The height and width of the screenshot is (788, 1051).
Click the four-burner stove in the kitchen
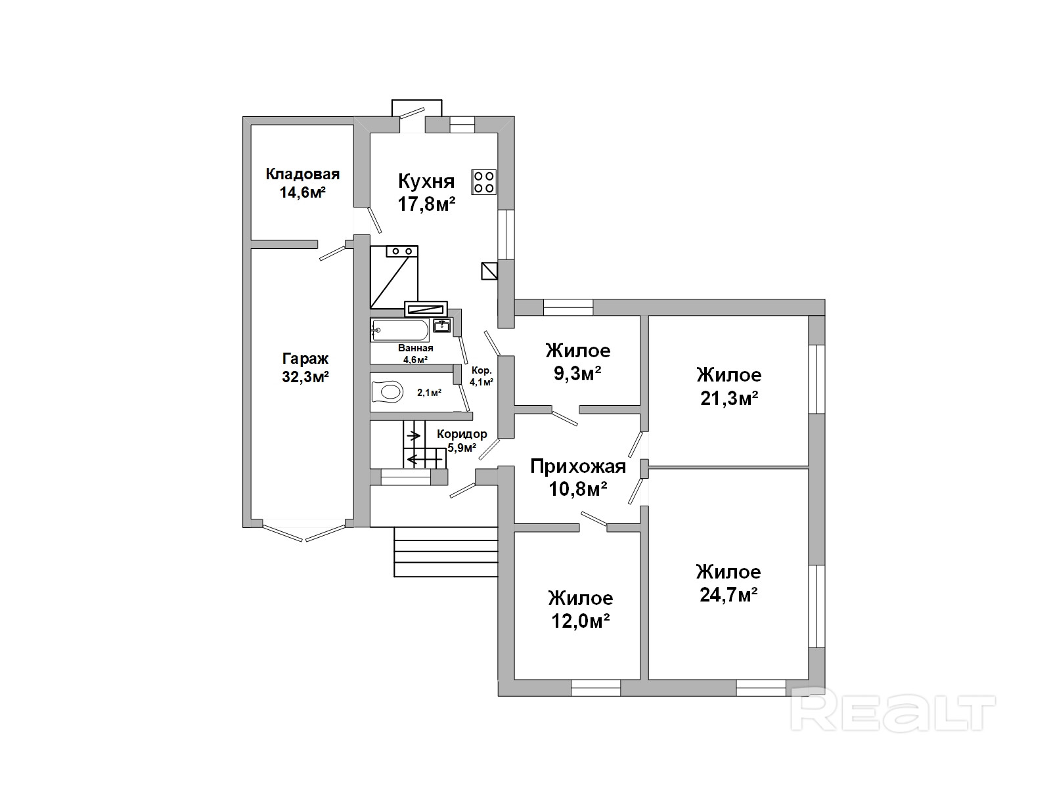click(483, 183)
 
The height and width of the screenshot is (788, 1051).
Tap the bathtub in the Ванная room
click(400, 330)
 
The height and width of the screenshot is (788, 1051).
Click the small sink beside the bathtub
click(442, 326)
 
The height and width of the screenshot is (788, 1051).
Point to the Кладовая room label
click(303, 173)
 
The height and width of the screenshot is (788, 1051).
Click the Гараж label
click(305, 359)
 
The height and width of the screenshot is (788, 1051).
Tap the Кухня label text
click(426, 181)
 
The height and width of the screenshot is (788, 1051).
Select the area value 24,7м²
click(728, 595)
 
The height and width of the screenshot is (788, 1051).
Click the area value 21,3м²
click(729, 398)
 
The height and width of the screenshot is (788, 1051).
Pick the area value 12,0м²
click(580, 621)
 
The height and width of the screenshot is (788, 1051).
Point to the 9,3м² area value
click(577, 374)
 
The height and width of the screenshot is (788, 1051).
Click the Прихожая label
click(578, 466)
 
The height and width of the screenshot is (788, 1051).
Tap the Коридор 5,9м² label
click(462, 441)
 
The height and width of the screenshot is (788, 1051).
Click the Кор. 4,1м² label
click(481, 376)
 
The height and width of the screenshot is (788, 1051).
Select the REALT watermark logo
click(893, 711)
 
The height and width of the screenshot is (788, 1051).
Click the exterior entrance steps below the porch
click(446, 552)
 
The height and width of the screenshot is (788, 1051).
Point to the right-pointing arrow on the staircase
click(413, 436)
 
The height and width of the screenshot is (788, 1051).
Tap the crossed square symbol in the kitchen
click(489, 271)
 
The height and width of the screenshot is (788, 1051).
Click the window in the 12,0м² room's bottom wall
click(596, 688)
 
